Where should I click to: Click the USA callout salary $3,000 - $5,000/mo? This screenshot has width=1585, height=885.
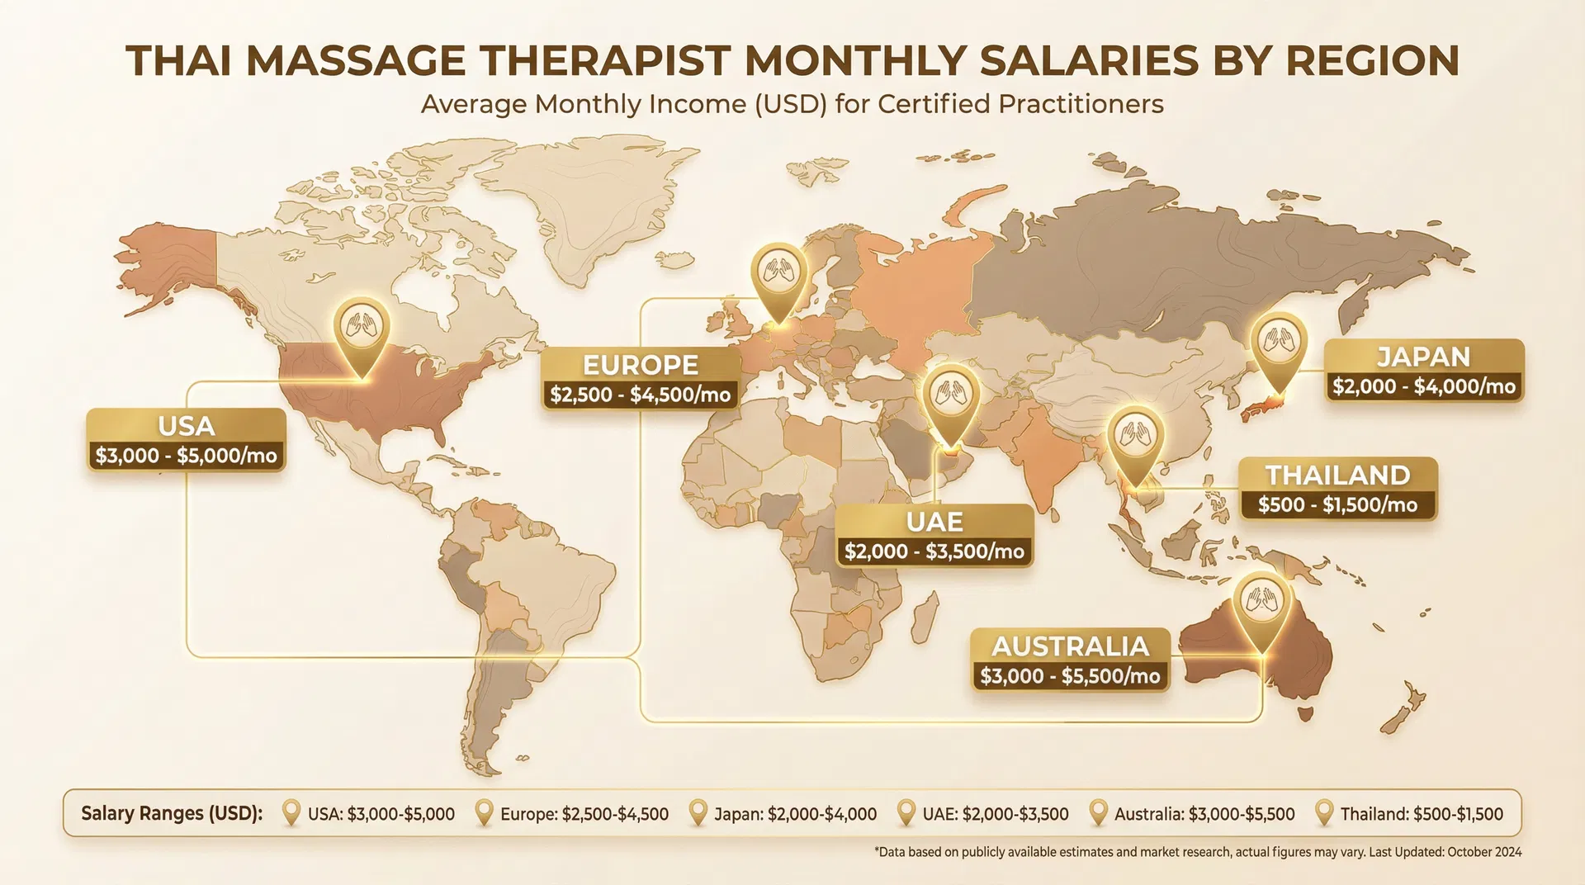point(187,456)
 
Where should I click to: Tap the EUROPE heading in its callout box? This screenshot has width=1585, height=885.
point(640,364)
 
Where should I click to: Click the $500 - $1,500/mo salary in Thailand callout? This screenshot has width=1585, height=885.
point(1337,504)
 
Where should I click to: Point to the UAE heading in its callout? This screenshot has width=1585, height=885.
point(934,522)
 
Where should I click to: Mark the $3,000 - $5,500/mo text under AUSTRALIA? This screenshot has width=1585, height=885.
point(1070,676)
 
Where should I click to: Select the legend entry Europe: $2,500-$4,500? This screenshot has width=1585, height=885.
point(584,814)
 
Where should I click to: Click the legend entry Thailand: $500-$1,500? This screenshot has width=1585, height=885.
point(1421,814)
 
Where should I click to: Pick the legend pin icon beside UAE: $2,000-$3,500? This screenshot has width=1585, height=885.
point(906,812)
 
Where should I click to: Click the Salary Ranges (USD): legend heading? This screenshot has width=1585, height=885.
point(172,813)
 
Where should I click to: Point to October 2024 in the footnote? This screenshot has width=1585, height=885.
point(1484,852)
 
